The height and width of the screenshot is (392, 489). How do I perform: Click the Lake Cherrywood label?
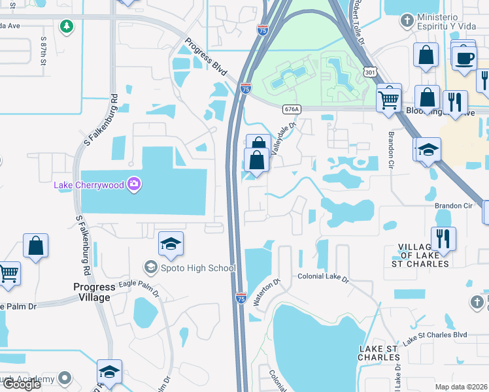[x=88, y=185]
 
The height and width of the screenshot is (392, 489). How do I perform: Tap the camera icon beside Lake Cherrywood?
[x=134, y=184]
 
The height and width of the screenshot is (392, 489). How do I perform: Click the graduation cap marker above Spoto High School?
[x=171, y=245]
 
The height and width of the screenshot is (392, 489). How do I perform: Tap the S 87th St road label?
[x=44, y=50]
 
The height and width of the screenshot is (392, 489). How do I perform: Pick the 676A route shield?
[x=292, y=109]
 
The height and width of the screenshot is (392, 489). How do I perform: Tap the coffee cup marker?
[x=465, y=58]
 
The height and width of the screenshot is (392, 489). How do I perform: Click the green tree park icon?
[x=65, y=26]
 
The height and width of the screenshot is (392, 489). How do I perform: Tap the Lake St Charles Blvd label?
[x=435, y=336]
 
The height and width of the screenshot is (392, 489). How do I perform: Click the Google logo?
[x=21, y=384]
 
